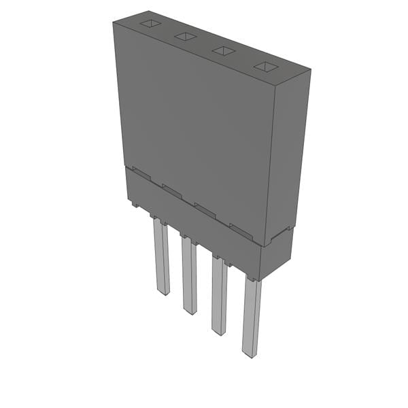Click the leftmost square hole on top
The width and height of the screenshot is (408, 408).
[150, 24]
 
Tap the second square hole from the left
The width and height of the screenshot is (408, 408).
[185, 37]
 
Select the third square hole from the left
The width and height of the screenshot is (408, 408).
[223, 50]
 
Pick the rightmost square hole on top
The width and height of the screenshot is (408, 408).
[266, 67]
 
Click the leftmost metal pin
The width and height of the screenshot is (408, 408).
[161, 258]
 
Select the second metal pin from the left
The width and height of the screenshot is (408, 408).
[189, 275]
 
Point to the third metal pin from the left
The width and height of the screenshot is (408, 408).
[219, 296]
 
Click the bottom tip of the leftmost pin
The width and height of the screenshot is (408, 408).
[163, 292]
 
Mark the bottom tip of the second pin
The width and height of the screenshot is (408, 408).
[191, 311]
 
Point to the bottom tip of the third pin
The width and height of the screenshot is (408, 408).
[220, 332]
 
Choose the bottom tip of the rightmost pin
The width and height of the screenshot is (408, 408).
[250, 354]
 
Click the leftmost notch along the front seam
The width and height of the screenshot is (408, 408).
[140, 173]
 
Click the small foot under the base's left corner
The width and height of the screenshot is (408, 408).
[134, 203]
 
